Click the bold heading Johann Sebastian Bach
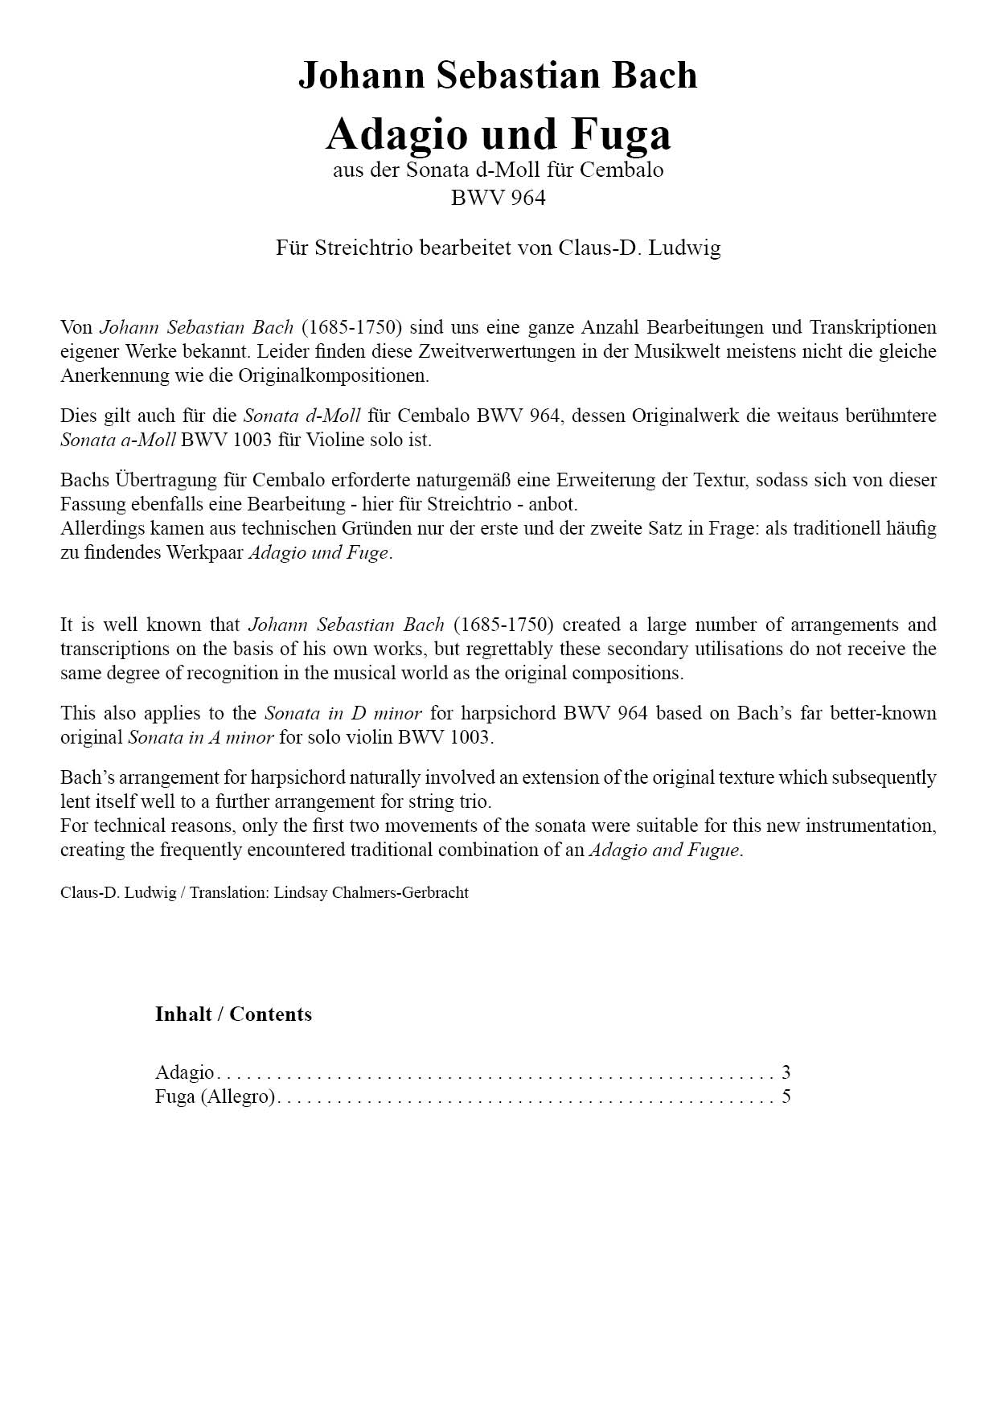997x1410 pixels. [x=498, y=76]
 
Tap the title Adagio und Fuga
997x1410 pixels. [x=498, y=133]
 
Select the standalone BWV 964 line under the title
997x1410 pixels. [x=498, y=198]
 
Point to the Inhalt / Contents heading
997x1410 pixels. [x=233, y=1014]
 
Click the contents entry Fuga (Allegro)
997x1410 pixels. [x=215, y=1096]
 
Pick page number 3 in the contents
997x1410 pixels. [x=786, y=1072]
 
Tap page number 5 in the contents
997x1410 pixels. [x=786, y=1096]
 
